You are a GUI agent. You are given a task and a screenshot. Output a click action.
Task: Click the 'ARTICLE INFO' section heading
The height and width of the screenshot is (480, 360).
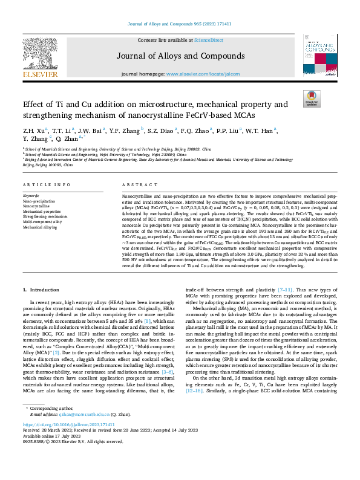(45, 184)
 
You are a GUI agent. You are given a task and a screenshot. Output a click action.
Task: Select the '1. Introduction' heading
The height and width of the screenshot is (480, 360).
(42, 291)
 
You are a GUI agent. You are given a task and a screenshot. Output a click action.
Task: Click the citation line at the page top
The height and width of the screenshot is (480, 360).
(180, 24)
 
